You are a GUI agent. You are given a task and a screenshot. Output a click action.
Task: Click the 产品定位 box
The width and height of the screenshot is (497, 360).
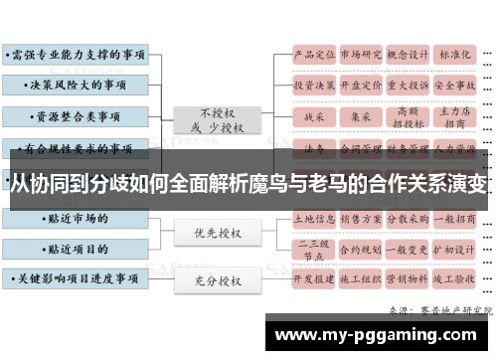pos(315,55)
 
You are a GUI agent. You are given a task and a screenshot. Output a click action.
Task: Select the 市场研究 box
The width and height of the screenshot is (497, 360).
pos(362,55)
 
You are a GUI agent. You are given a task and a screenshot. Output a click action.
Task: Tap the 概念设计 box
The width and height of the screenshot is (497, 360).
pos(409,55)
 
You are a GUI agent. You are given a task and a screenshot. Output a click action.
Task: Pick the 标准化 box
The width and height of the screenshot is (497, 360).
pos(455,55)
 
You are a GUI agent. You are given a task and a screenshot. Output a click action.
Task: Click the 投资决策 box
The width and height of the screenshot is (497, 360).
pos(315,86)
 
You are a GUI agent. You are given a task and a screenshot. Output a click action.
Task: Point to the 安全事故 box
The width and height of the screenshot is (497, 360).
pos(455,86)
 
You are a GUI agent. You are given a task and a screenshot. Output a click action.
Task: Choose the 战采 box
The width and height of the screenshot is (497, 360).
pos(315,117)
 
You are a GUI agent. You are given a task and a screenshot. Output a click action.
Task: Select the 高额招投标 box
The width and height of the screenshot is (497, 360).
pos(409,117)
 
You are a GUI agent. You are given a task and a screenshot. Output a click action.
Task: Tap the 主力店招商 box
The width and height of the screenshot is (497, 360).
pos(455,117)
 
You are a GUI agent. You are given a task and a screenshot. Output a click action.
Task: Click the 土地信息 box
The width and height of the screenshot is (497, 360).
pos(315,217)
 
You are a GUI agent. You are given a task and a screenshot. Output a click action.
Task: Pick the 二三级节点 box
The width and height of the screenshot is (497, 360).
pos(315,248)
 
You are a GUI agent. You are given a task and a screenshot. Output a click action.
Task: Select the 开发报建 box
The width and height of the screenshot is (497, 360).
pos(315,279)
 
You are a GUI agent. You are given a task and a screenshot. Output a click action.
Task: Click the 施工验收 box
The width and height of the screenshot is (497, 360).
pos(455,279)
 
